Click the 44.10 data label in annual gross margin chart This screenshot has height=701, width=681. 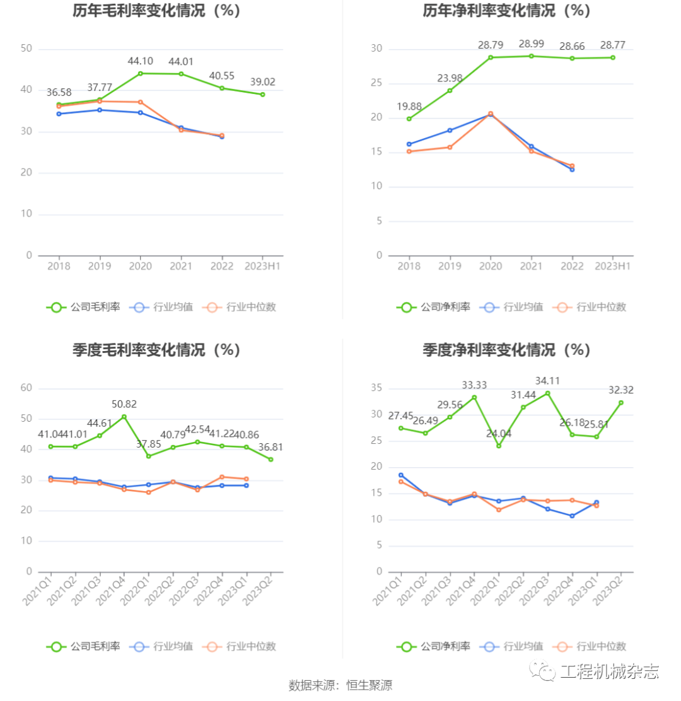point(141,61)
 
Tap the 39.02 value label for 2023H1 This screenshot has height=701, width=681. point(262,82)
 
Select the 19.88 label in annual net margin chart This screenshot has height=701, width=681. point(409,107)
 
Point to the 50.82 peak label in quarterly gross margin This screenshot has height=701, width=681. point(124,404)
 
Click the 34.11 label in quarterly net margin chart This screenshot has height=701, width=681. point(547,381)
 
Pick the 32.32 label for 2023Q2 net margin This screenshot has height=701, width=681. point(620,390)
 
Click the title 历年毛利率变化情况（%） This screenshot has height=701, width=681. point(157,11)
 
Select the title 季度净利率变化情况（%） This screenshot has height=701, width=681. point(506,350)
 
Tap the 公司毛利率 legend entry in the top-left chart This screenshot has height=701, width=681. point(83,308)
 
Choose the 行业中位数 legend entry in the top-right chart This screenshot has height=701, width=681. point(590,308)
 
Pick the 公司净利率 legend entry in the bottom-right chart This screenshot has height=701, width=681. point(434,646)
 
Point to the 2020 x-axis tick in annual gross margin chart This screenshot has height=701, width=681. point(141,267)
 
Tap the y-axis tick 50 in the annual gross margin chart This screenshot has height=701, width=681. point(26,49)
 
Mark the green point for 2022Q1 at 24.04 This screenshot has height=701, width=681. point(499,446)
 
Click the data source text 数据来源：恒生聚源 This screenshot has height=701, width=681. point(340,685)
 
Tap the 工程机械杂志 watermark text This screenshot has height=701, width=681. point(609,672)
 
